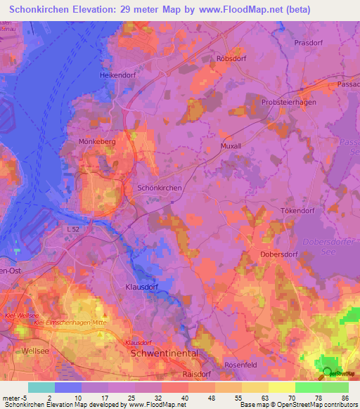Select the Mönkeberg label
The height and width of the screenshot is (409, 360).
coord(98,141)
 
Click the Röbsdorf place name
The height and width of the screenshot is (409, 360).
coord(233,59)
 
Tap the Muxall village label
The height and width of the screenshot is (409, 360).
coord(231,146)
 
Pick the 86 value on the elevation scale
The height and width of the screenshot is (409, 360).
coord(345,397)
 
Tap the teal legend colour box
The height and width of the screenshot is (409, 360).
coord(41,387)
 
